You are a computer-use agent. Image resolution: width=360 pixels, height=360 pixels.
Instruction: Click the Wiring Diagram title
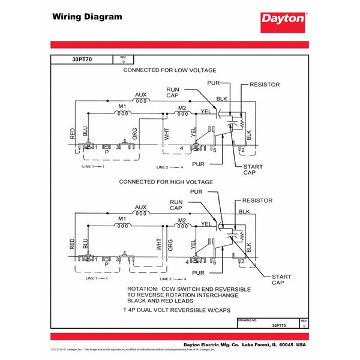pyautogui.click(x=87, y=16)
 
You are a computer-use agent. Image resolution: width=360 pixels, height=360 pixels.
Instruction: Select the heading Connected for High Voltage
pyautogui.click(x=166, y=181)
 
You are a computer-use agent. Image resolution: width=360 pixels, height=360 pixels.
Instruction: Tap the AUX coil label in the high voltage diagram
pyautogui.click(x=140, y=208)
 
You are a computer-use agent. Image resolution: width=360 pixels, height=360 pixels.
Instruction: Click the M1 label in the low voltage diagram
pyautogui.click(x=122, y=106)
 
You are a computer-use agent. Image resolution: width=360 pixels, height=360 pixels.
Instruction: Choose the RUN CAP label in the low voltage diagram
pyautogui.click(x=173, y=92)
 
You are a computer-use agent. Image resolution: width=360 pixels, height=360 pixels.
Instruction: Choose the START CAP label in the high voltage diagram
pyautogui.click(x=281, y=280)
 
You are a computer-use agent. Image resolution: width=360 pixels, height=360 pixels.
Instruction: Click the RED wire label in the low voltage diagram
pyautogui.click(x=73, y=134)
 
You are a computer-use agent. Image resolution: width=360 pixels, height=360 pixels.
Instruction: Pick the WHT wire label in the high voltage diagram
pyautogui.click(x=159, y=244)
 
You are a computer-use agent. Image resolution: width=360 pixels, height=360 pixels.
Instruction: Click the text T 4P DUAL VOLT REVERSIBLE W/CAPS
pyautogui.click(x=182, y=313)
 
